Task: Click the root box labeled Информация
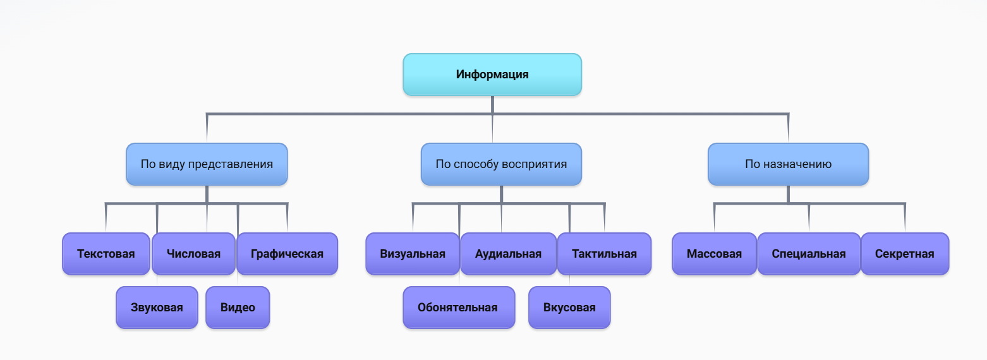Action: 492,75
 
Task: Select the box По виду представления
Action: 207,164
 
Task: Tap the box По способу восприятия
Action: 501,164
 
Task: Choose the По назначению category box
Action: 788,164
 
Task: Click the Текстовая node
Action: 106,254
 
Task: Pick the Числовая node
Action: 193,254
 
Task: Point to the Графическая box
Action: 287,254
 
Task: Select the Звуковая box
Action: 157,308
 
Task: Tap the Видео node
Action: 238,308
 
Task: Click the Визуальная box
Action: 413,254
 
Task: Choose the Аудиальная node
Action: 508,254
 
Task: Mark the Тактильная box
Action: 604,254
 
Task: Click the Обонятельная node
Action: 457,308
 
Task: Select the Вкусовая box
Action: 569,308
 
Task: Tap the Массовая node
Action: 714,254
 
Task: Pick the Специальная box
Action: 808,254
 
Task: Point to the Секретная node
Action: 904,254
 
